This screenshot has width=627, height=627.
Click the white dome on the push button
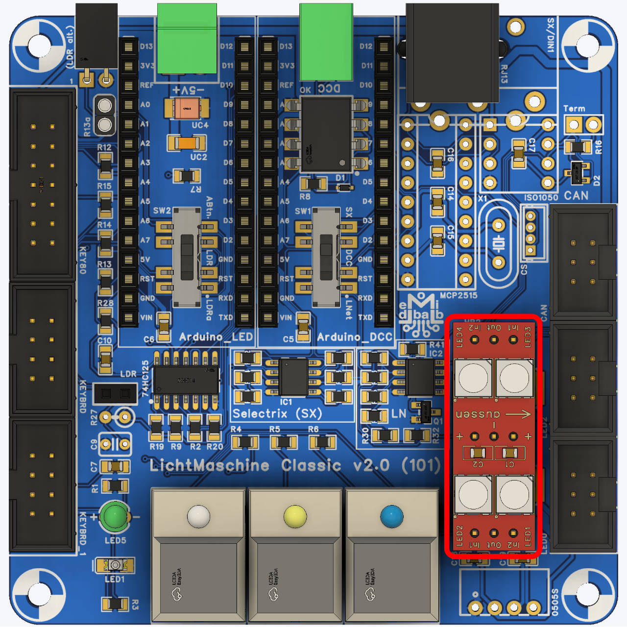click(x=198, y=516)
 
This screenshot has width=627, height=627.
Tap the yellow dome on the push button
click(x=295, y=516)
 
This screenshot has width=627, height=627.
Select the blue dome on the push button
click(x=391, y=516)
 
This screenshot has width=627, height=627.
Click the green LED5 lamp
click(x=115, y=516)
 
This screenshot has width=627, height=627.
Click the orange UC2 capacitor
click(x=187, y=143)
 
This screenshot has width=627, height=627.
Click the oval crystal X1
click(x=498, y=243)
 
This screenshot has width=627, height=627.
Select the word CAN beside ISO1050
click(x=576, y=195)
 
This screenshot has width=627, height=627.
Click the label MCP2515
click(x=458, y=295)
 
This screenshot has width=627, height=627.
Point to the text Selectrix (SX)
click(x=277, y=414)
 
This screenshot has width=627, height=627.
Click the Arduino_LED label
click(x=216, y=337)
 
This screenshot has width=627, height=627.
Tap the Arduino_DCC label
click(x=355, y=337)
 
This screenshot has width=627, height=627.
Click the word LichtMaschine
click(x=209, y=465)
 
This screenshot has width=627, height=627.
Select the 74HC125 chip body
click(x=186, y=380)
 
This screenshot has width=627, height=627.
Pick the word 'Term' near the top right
click(x=574, y=109)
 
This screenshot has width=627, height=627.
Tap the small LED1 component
click(x=115, y=565)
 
